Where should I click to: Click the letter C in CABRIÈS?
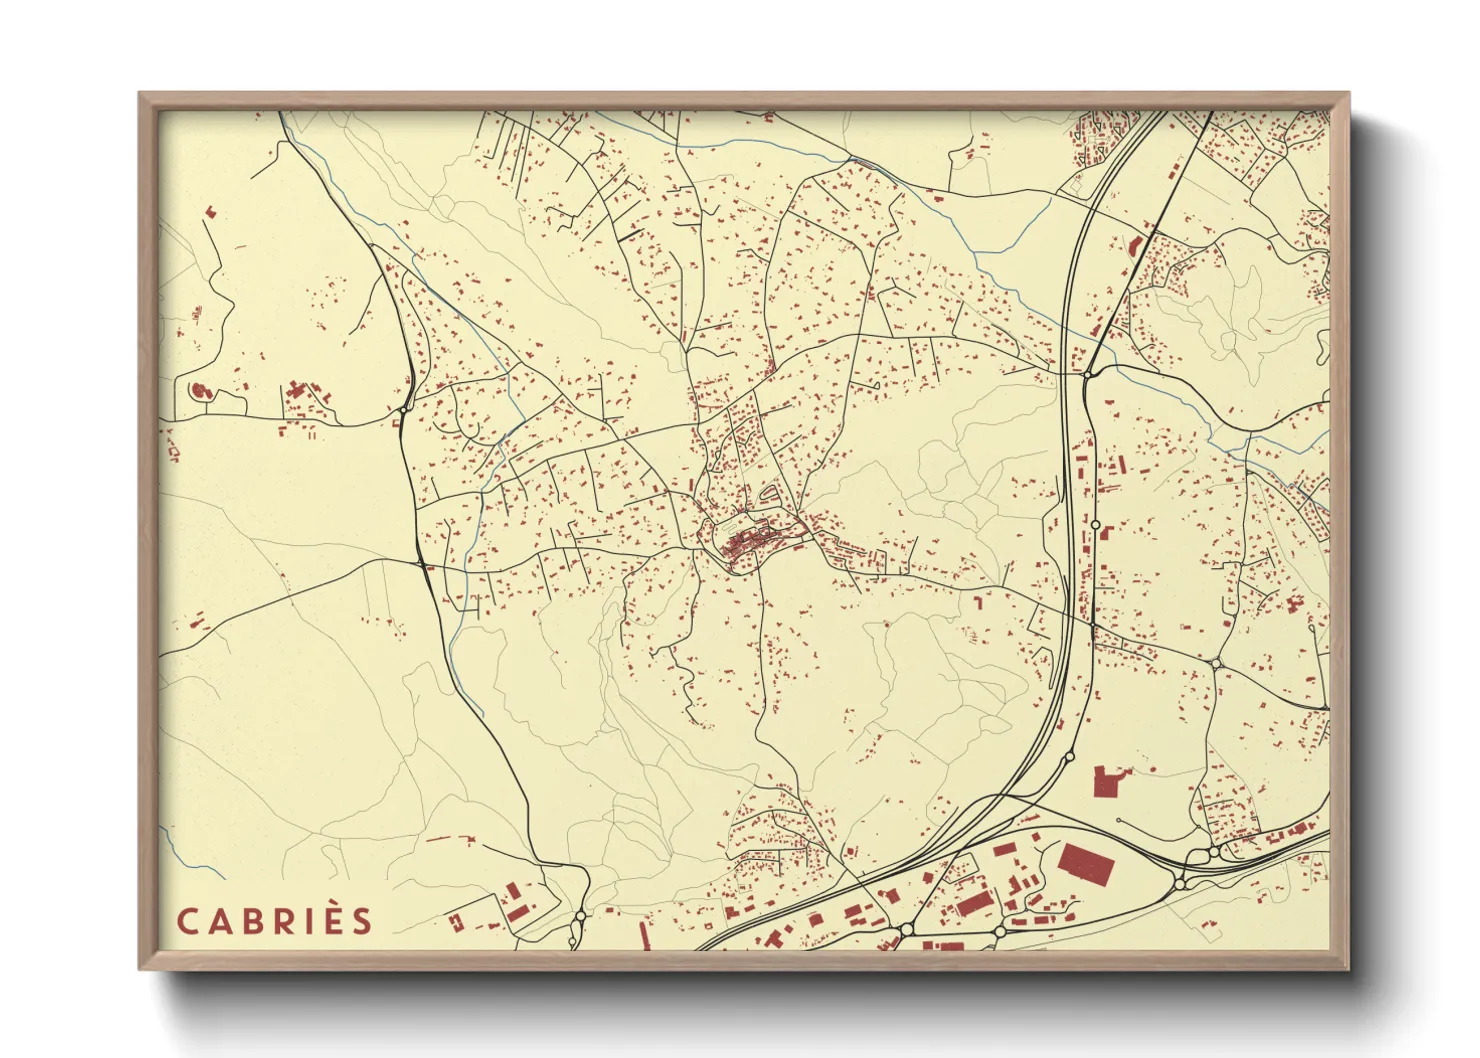(188, 921)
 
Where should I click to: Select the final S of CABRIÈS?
(361, 921)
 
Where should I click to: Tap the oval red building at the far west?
(198, 391)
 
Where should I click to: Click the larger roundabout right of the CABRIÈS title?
(580, 915)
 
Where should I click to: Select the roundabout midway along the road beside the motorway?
(1095, 524)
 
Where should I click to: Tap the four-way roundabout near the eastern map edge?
(1216, 663)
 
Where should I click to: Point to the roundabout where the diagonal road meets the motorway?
(1087, 374)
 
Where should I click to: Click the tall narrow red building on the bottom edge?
(642, 934)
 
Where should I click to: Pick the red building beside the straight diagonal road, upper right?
(1134, 247)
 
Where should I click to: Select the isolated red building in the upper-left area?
(210, 211)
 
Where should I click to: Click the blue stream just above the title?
(180, 850)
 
